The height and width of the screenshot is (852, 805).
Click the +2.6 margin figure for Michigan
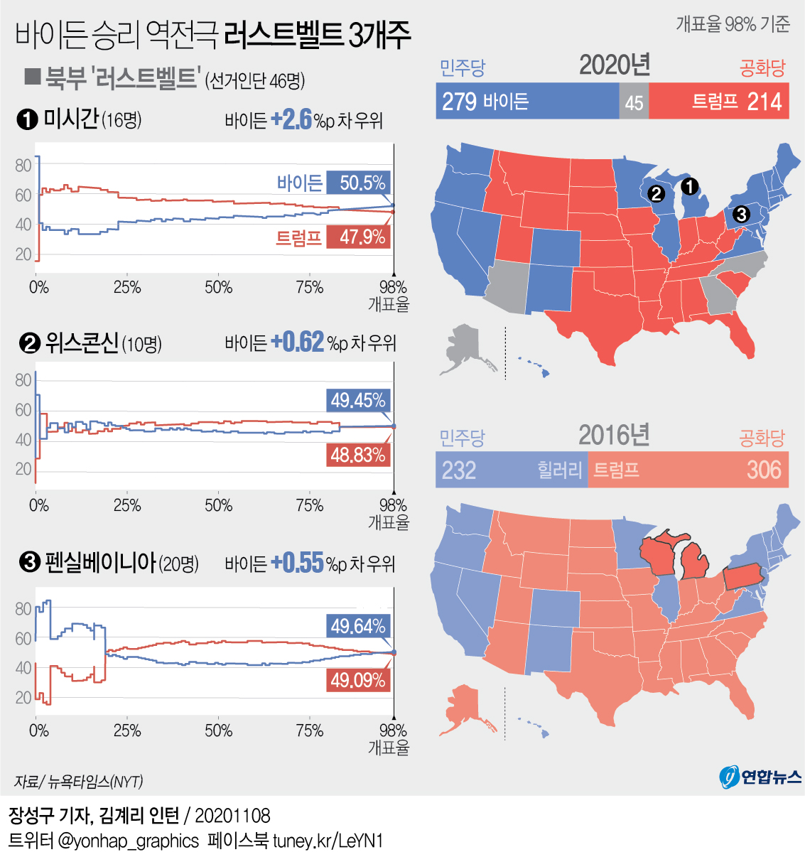[x=291, y=119]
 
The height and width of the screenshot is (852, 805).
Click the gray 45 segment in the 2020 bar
[x=634, y=102]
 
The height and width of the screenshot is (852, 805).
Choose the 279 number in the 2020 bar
[x=459, y=102]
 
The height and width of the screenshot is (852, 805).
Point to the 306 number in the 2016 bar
[x=764, y=470]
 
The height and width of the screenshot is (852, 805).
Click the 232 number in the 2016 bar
[x=459, y=470]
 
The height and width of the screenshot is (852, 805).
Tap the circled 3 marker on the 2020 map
[x=740, y=214]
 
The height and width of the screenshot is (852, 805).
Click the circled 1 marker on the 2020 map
[x=689, y=187]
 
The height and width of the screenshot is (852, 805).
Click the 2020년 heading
[x=615, y=65]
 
